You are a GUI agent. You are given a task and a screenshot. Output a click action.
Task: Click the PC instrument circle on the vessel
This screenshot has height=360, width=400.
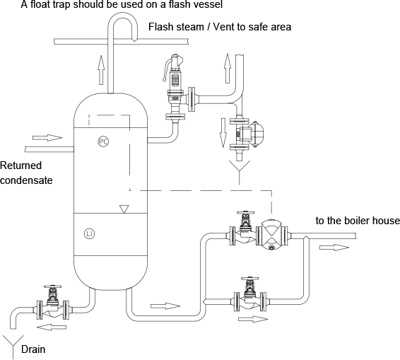103,141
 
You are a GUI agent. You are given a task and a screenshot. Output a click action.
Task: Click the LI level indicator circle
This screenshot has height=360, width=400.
89,233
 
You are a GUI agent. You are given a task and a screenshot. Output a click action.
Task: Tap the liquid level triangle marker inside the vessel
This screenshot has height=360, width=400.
124,209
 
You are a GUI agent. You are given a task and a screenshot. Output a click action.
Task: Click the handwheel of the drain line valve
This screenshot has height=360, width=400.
53,286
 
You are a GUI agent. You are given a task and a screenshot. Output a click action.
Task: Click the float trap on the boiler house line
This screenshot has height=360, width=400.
271,233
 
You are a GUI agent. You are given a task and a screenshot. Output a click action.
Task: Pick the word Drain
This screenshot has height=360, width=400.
33,349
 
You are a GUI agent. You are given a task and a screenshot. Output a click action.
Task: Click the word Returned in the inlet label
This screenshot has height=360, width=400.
20,166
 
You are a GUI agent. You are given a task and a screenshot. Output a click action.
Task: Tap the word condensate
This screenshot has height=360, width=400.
26,180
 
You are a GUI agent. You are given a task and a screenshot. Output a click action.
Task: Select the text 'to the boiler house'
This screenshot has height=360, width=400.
358,221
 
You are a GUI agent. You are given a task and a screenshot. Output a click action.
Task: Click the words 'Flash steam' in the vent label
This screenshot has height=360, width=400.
176,27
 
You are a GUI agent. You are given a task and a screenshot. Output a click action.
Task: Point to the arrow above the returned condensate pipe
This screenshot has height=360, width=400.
47,138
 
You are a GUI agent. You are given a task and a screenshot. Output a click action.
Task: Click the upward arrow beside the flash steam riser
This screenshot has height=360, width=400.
101,70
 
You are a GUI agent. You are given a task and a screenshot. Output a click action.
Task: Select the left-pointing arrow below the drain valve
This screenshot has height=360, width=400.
52,327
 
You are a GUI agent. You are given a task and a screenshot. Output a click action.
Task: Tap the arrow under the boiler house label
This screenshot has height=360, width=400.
334,248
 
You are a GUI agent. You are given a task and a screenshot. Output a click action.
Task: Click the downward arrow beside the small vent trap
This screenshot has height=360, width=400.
223,133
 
